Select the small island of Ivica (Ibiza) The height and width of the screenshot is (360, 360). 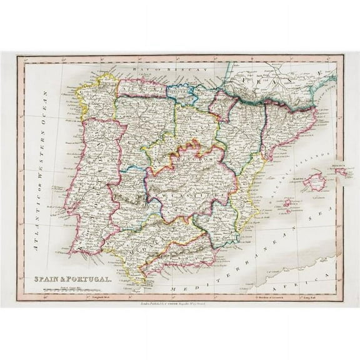click(x=288, y=202)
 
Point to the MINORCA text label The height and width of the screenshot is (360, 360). click(x=340, y=165)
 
